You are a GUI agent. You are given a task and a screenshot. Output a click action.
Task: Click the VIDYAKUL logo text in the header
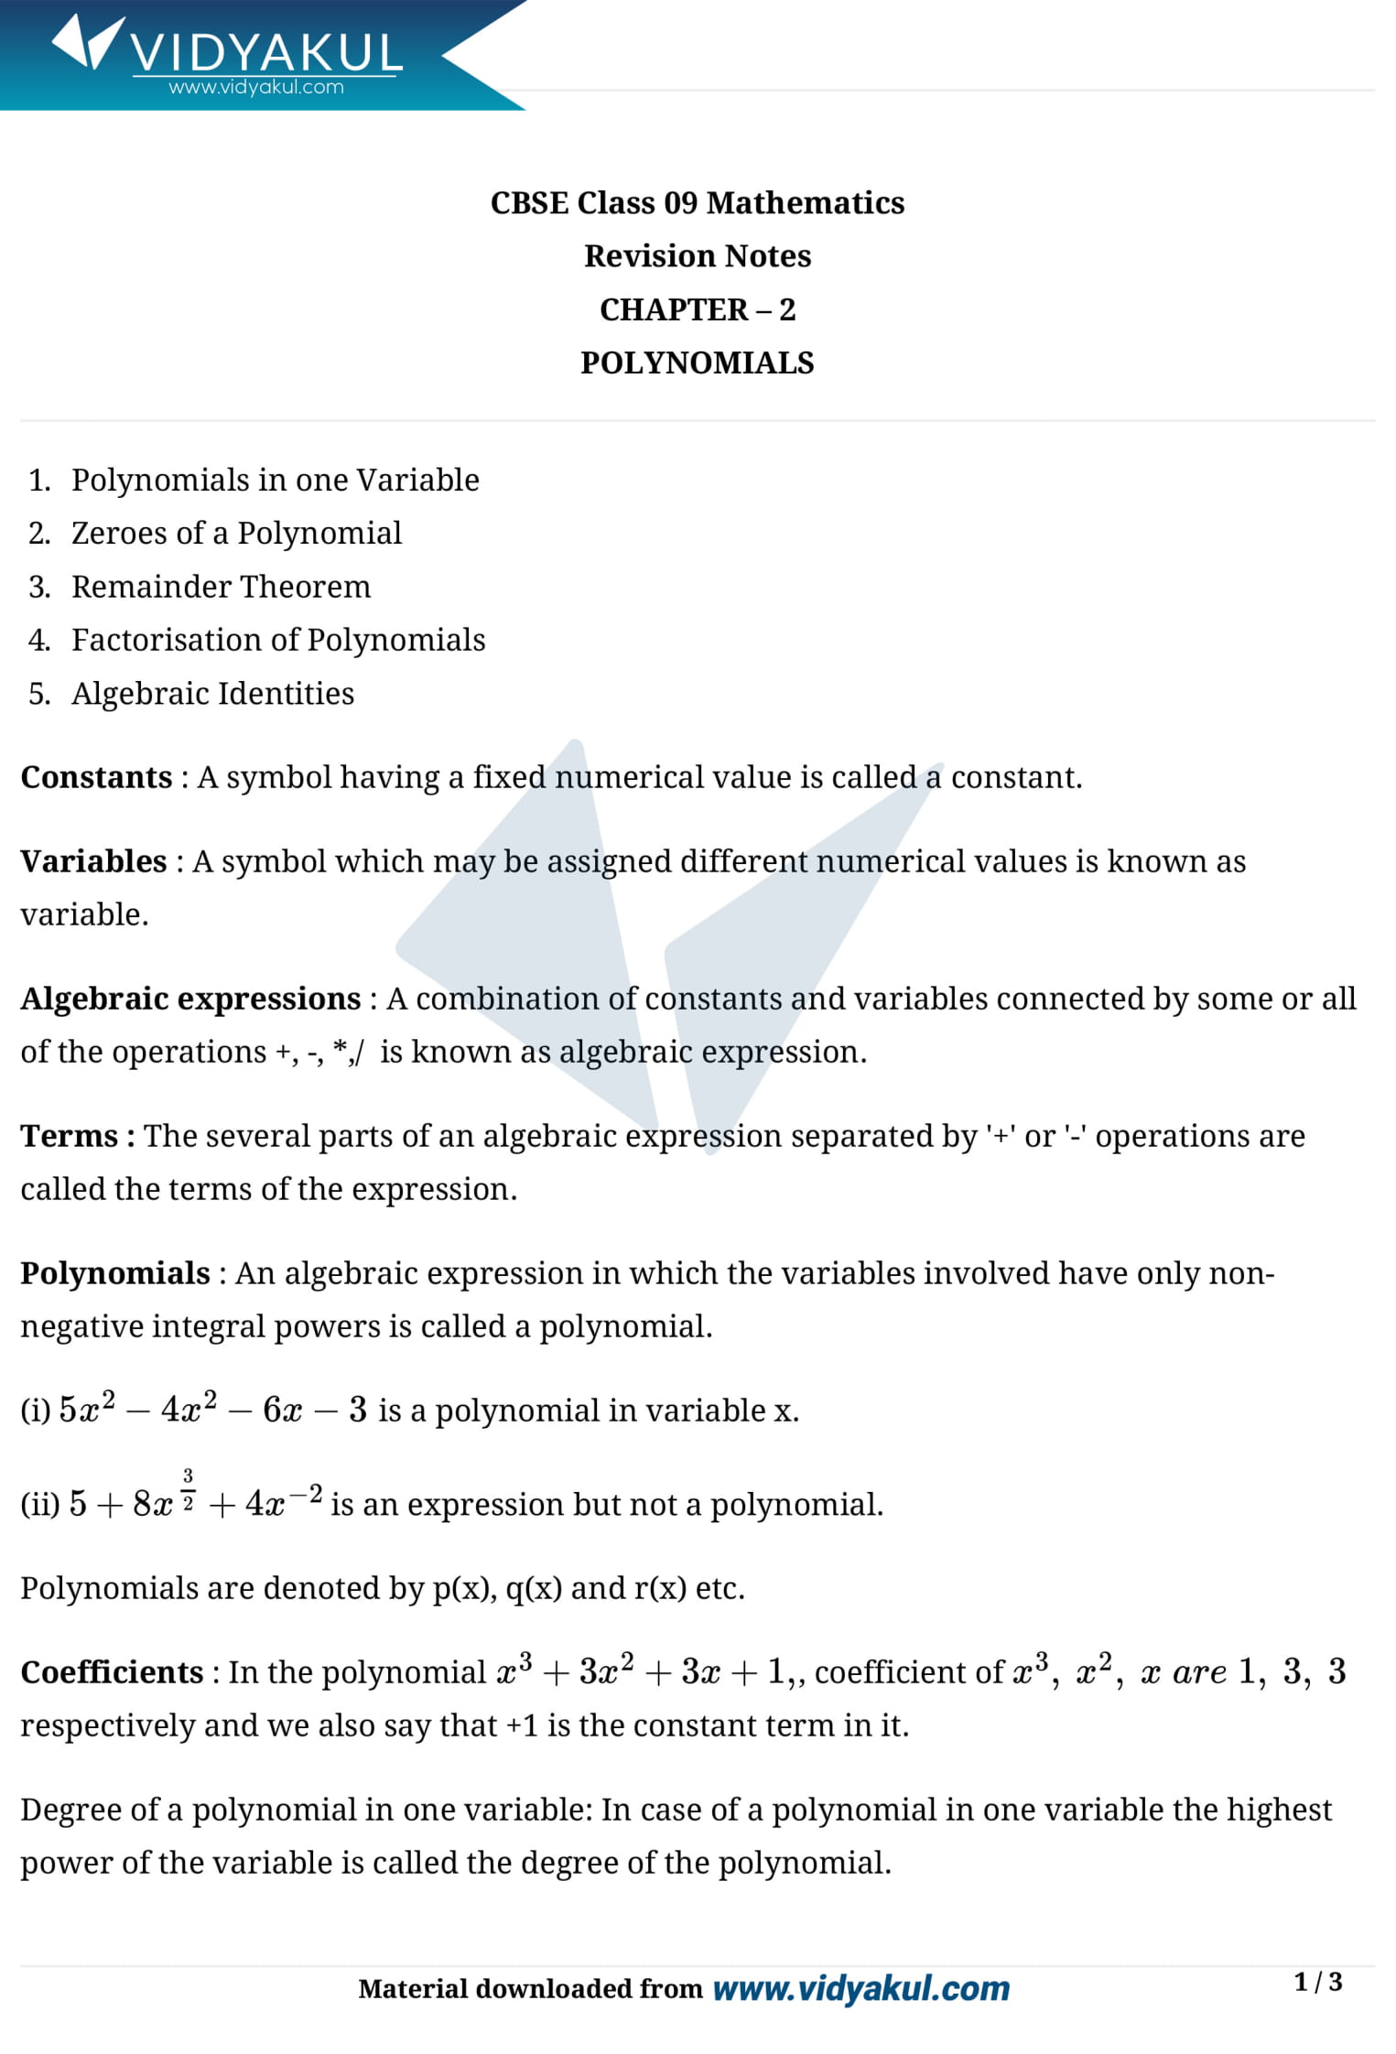point(265,52)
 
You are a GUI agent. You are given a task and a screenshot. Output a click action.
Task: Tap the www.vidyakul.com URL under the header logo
point(256,88)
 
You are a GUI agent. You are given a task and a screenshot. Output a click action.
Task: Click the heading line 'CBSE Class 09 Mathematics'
point(697,203)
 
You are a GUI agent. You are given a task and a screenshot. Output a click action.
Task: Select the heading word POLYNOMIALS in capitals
point(697,363)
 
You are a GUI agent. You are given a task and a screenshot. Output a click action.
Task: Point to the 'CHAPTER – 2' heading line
point(697,310)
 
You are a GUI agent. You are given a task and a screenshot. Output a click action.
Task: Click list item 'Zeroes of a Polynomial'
point(236,534)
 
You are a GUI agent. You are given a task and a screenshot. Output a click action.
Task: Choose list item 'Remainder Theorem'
point(221,587)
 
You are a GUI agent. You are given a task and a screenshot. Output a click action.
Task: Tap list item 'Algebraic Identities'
point(212,694)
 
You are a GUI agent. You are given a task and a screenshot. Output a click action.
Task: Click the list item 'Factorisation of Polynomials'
point(278,641)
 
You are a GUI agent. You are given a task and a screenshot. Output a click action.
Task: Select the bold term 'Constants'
point(96,778)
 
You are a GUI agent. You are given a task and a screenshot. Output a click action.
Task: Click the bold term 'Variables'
point(93,862)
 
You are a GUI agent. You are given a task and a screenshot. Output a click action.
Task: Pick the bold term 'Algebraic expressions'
point(190,1000)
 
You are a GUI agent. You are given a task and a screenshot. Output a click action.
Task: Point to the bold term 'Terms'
point(70,1137)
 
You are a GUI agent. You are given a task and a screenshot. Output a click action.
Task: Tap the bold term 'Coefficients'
point(112,1673)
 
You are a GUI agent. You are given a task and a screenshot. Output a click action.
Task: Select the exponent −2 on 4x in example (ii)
point(309,1496)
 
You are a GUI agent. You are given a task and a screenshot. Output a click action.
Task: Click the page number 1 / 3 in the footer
point(1317,1983)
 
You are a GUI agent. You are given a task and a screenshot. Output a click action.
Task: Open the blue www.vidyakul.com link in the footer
point(860,1989)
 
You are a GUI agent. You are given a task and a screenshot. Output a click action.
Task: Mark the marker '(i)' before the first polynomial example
point(36,1411)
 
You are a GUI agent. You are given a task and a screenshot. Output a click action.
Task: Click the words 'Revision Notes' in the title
point(697,256)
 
